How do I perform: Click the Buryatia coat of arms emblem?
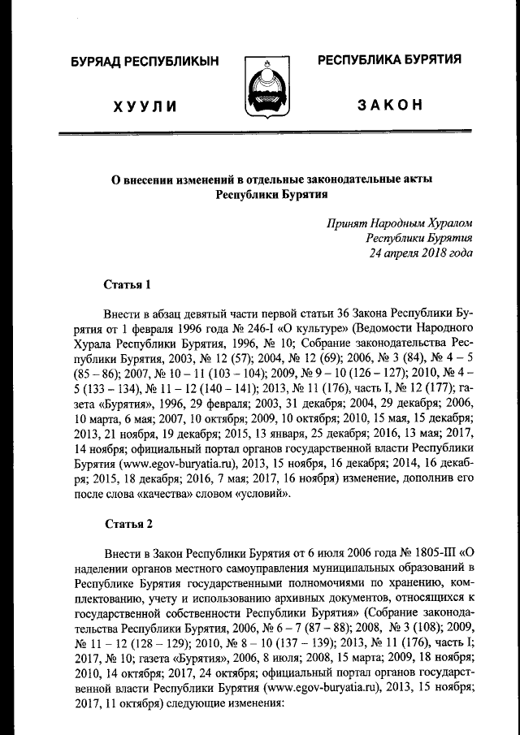(269, 89)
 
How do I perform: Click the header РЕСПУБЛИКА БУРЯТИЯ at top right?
(389, 59)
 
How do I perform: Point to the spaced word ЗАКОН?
(390, 106)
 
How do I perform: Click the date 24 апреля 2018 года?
(420, 253)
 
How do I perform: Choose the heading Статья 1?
(128, 284)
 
